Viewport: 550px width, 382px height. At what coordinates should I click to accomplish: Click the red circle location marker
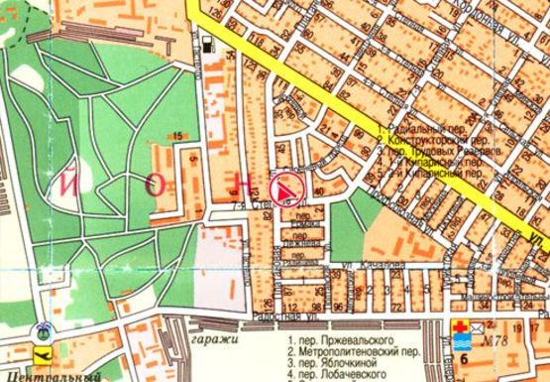[285, 190]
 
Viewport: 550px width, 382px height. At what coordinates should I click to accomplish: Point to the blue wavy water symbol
[461, 344]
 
